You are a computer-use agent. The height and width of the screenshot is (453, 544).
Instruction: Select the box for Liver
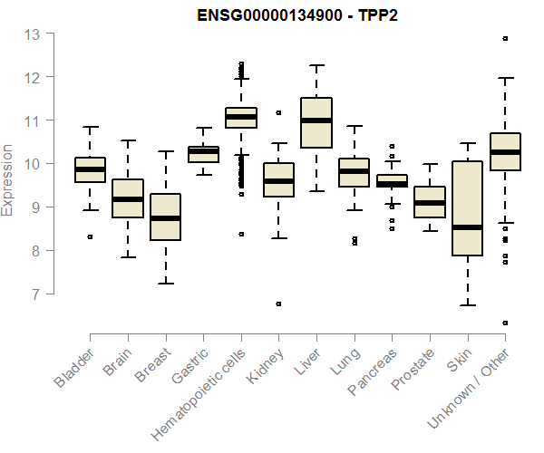point(316,122)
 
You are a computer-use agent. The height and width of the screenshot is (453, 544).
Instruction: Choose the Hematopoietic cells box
point(241,118)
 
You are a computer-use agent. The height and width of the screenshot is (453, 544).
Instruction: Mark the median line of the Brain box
point(128,199)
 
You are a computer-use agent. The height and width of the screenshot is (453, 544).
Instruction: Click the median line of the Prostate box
point(430,203)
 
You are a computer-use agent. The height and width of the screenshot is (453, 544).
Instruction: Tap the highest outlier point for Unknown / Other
point(505,39)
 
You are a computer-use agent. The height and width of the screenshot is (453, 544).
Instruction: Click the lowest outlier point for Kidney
point(278,304)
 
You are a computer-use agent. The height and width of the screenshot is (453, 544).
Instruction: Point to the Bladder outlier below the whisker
point(90,236)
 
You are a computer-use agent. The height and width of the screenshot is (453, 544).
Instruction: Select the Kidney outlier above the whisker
point(278,113)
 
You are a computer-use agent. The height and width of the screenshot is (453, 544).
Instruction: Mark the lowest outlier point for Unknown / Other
point(505,323)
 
